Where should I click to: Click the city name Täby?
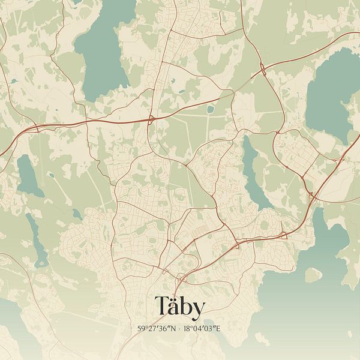[180, 307]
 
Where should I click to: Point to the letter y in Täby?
[199, 309]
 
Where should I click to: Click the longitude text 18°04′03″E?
[205, 329]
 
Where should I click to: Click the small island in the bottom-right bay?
[313, 275]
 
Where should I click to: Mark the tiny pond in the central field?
[211, 110]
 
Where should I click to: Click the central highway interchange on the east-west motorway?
[151, 119]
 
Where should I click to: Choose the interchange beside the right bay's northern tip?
[311, 195]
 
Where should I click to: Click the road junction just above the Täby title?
[179, 278]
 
